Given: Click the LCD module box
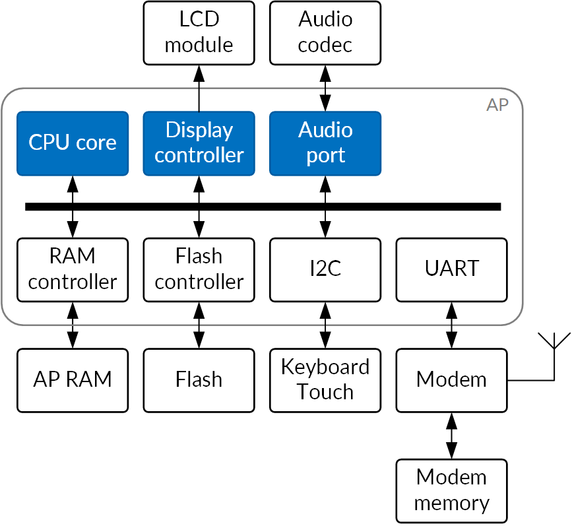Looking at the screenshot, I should [x=199, y=33].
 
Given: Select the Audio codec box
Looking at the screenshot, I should [x=325, y=33].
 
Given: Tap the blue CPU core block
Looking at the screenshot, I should [x=72, y=143].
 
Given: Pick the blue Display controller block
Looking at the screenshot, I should [x=199, y=143].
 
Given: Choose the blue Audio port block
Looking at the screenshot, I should [x=325, y=143].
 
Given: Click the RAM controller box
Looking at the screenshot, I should [x=72, y=269].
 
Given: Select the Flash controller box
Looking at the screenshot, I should [x=199, y=269].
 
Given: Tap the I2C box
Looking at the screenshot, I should [x=325, y=269].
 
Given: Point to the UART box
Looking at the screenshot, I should [x=452, y=269].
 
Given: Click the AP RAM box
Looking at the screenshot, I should [x=72, y=380].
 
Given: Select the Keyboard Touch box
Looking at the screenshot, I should [x=325, y=380].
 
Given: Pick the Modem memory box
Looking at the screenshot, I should [x=452, y=490].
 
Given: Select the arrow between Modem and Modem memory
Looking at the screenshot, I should [x=452, y=436].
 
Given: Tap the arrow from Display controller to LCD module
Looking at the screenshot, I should [x=199, y=88].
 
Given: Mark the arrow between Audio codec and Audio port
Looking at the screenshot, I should [x=325, y=88].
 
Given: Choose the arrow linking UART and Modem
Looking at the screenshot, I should [x=452, y=325].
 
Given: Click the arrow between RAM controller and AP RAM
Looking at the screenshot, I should [x=72, y=325].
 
